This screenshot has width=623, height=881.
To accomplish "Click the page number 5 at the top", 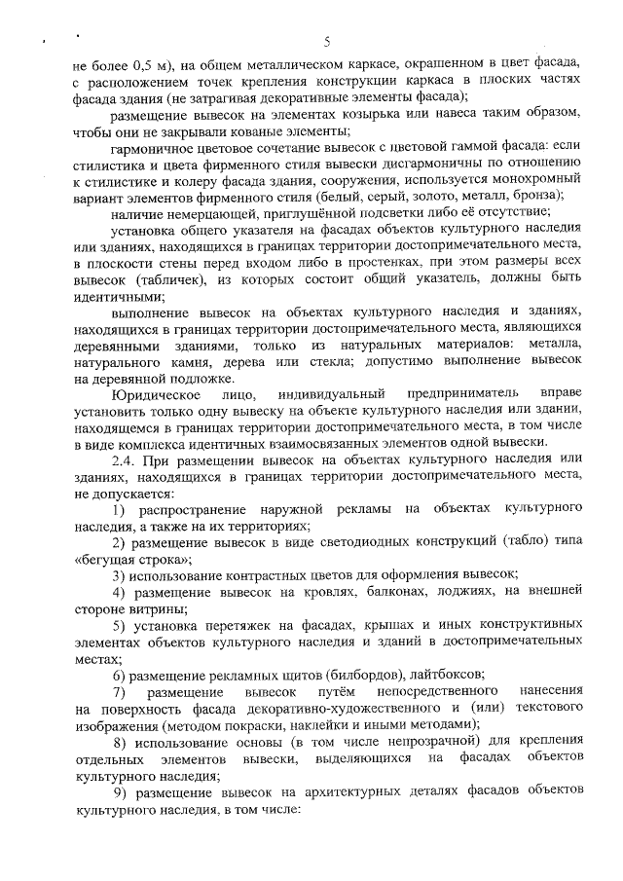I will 327,41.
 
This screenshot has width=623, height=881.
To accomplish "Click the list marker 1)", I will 119,510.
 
